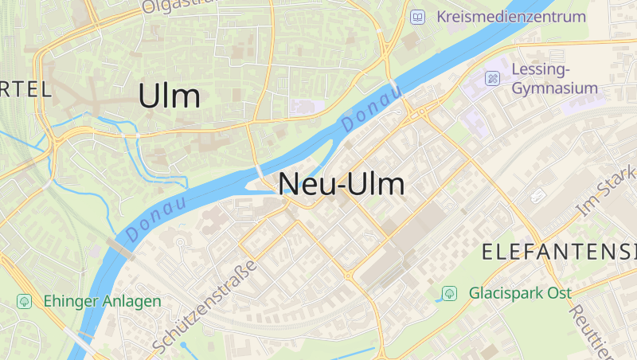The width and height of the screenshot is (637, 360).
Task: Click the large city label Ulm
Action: point(169,96)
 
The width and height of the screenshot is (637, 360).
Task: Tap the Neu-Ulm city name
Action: point(342,184)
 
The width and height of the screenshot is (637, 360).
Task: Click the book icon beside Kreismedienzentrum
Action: point(417,16)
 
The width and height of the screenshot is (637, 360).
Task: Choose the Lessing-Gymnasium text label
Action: point(554,78)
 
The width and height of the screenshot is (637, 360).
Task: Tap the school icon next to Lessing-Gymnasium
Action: point(493,78)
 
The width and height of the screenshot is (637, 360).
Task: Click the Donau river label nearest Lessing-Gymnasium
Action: point(371,109)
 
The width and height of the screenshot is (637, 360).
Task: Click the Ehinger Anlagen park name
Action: point(102,301)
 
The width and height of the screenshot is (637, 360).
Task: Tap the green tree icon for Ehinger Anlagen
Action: point(25,301)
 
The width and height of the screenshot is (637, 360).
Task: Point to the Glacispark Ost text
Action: point(521,293)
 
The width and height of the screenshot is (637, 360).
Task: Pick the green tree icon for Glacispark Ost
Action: point(450,293)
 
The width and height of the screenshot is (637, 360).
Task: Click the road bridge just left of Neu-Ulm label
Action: point(260,171)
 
